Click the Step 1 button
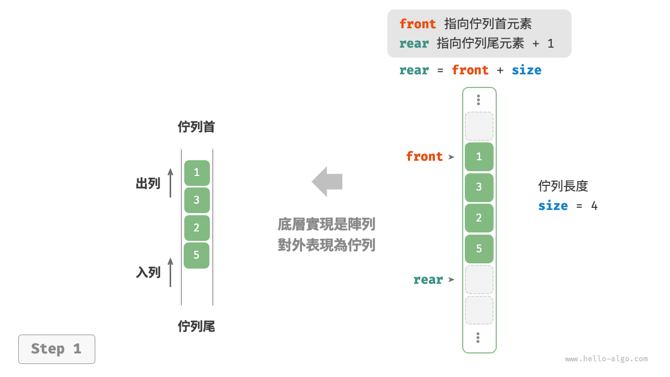(57, 349)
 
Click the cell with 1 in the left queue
(197, 172)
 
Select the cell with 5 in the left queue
(197, 255)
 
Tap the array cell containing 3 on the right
(479, 187)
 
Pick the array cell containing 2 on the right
(479, 218)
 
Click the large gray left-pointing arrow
(327, 182)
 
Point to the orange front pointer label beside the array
(424, 157)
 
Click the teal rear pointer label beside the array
(428, 280)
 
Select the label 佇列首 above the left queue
(196, 127)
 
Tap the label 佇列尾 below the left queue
(196, 327)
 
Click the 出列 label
(148, 183)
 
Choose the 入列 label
(148, 272)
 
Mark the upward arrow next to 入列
(171, 272)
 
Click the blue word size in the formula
(526, 70)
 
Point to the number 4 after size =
(594, 206)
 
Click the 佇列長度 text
(563, 186)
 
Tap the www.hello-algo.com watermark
(606, 359)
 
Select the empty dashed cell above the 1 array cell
(479, 126)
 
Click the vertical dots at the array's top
(478, 100)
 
